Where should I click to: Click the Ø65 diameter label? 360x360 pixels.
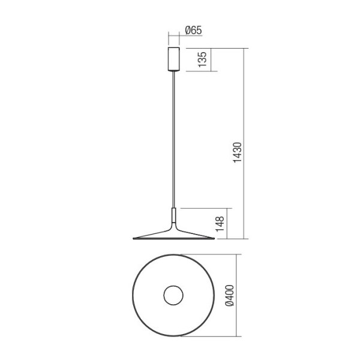point(193,31)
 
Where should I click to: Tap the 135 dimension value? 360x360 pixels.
point(202,59)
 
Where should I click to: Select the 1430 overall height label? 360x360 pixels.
point(238,152)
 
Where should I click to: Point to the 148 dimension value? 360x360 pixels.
point(220,224)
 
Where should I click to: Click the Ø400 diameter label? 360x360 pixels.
point(230,295)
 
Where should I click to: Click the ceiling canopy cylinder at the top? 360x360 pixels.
point(174,59)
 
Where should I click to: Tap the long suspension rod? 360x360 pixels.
point(174,140)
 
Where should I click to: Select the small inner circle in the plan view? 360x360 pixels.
point(173,295)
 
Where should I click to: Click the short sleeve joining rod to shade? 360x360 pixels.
point(174,215)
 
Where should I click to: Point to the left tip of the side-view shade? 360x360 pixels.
point(133,239)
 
